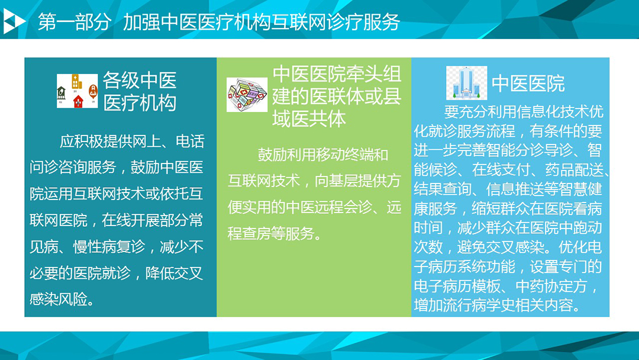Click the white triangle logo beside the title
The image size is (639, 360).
point(13,21)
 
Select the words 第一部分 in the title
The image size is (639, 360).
point(74,21)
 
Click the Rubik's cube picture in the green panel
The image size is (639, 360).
point(247,95)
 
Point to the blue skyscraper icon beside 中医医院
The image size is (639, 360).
point(467,83)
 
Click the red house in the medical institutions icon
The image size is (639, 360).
point(78,101)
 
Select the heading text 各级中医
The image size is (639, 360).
point(140,80)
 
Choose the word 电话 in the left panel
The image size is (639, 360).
point(190,142)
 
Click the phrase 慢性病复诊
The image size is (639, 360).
point(109,247)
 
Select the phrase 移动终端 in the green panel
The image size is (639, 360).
point(330,155)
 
